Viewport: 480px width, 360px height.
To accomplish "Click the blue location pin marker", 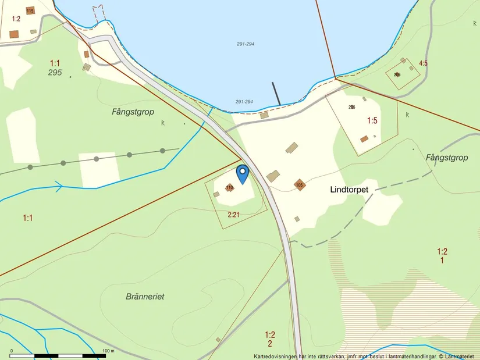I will (x=242, y=173).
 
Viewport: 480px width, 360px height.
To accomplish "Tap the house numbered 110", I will (x=229, y=187).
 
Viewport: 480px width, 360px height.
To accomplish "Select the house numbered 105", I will (x=300, y=185).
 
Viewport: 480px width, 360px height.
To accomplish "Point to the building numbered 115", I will (x=30, y=10).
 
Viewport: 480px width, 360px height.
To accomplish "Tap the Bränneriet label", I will (x=145, y=296).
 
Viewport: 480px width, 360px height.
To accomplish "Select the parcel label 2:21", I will (x=233, y=215).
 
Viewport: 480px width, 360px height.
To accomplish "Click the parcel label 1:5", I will (x=372, y=120).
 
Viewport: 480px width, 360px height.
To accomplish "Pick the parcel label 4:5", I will (x=423, y=63).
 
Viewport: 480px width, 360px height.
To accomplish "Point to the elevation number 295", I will (x=55, y=72).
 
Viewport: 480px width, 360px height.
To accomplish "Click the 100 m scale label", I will (x=108, y=351).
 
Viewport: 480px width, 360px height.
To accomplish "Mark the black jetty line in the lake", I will (x=276, y=94).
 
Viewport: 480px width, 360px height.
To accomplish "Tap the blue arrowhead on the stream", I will (x=58, y=186).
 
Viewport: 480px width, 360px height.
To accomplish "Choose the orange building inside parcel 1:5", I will (x=364, y=139).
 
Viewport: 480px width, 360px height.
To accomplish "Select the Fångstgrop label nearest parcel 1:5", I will (x=447, y=157).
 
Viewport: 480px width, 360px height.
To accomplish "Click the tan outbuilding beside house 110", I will (x=216, y=194).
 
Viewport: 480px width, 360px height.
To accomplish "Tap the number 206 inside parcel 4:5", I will (x=397, y=74).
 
